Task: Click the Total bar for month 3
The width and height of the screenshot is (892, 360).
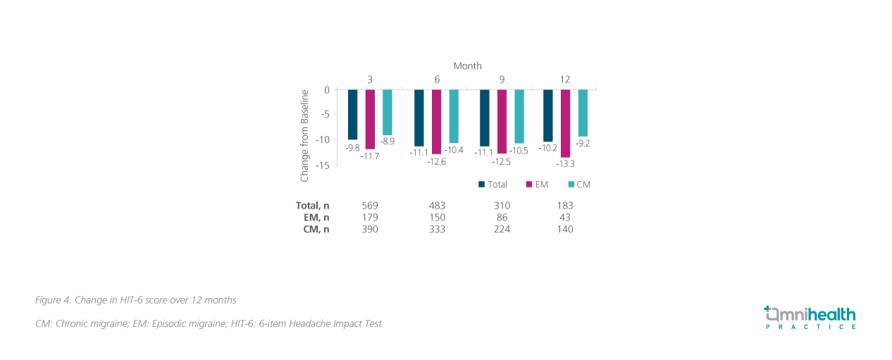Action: point(352,114)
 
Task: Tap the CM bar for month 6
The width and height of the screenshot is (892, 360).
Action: point(454,116)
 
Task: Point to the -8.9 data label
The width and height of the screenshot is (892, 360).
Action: point(387,142)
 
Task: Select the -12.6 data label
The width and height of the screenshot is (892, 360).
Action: point(437,161)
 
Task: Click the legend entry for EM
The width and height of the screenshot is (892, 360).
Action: point(537,185)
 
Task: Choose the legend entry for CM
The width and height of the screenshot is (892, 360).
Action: point(578,185)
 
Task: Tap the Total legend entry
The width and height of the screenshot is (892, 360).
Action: point(493,185)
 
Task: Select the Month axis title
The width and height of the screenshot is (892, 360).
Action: point(467,66)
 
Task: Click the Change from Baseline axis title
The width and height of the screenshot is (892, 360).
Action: point(305,135)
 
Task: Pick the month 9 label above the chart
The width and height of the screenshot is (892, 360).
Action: point(502,80)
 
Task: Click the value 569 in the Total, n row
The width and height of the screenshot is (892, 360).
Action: point(370,206)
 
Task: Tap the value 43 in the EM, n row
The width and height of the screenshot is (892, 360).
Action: point(564,218)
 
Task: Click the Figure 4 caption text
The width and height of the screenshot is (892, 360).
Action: point(135,300)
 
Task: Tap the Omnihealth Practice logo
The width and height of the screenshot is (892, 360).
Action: point(810,317)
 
